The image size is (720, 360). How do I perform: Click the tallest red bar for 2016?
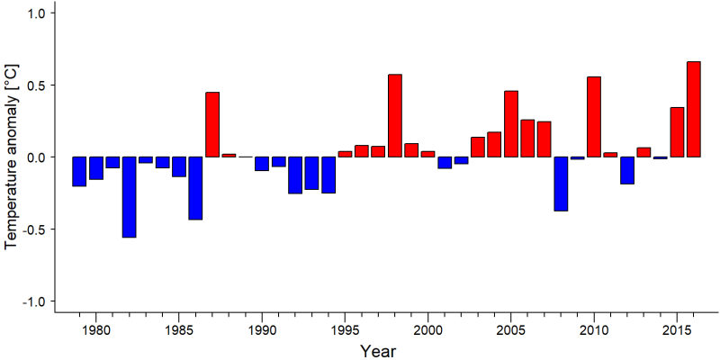pos(693,109)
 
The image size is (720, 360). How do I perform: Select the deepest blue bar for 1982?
pos(129,197)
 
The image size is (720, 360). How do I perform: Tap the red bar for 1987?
pos(212,124)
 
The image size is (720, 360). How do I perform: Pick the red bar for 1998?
pos(395,116)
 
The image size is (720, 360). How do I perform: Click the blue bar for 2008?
pos(561,184)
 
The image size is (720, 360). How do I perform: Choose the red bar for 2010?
pos(594,117)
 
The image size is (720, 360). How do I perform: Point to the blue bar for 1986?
pos(195,188)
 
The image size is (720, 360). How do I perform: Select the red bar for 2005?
pos(511,124)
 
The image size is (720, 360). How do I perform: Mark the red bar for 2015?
pos(677,132)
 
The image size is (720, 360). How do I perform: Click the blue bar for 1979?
pos(79,171)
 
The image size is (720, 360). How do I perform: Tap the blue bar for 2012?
pos(627,170)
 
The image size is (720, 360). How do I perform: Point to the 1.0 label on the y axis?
pos(33,13)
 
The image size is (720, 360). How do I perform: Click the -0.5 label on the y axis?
pos(31,229)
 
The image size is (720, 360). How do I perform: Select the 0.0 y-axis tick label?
pos(33,157)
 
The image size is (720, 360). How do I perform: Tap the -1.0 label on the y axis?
pos(31,301)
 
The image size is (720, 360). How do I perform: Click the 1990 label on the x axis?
pos(262,330)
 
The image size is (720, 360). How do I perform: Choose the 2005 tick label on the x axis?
pos(511,330)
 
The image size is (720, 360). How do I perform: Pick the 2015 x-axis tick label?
pos(677,330)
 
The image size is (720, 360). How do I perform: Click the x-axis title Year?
pos(377,351)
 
